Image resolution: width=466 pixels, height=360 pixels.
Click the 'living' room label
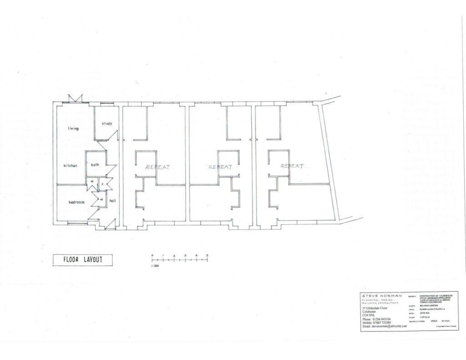[73, 128]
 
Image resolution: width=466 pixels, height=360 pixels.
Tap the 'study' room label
[107, 123]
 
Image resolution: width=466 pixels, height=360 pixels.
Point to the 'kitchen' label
[71, 166]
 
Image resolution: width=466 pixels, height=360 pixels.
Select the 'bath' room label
[95, 165]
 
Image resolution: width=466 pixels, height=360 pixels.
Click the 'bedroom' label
[77, 202]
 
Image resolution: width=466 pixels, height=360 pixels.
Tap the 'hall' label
[112, 200]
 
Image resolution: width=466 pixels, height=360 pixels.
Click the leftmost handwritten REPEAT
[158, 167]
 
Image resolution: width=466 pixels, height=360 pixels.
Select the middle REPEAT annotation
[220, 167]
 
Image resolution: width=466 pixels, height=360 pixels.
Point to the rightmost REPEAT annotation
[292, 166]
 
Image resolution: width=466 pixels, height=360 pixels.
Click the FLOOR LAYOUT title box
[82, 259]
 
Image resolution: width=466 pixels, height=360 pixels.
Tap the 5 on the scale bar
[207, 255]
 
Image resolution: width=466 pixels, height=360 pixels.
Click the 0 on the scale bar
[152, 255]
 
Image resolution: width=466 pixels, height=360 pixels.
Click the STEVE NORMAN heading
[382, 296]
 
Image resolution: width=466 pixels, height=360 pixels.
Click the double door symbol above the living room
[75, 99]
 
